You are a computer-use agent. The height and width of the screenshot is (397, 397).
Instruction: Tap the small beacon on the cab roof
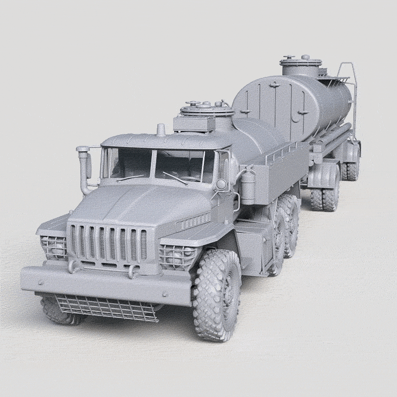(160, 130)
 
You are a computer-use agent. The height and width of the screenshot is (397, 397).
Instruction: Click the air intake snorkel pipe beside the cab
(85, 169)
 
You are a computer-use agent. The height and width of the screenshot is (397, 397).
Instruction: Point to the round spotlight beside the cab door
(220, 185)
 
